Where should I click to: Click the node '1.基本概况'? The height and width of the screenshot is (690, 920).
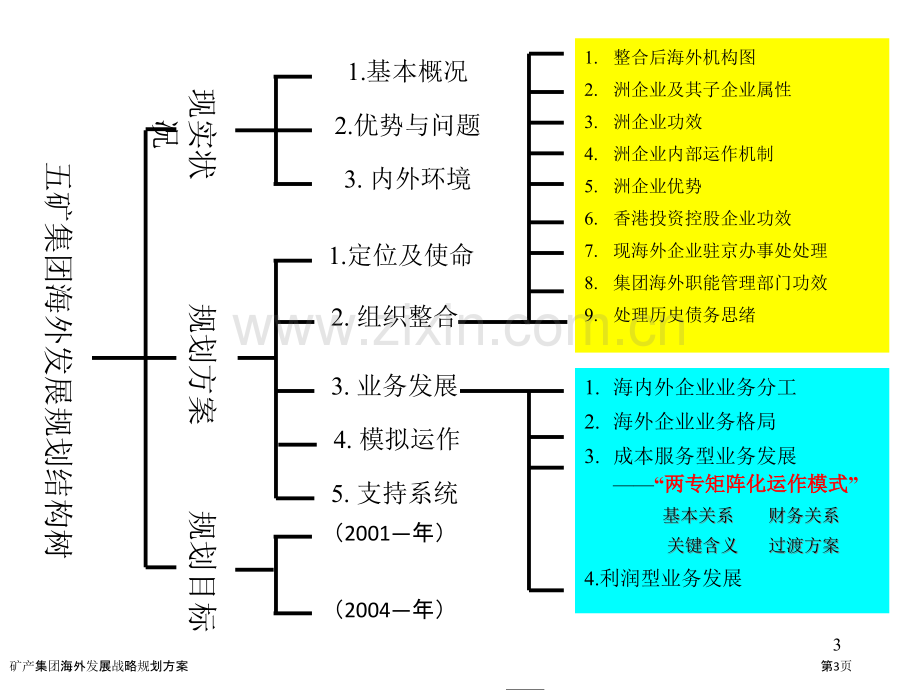pos(407,72)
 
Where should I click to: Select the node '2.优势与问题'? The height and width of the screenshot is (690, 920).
pos(407,125)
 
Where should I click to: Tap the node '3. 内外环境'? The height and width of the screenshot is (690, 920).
pos(407,178)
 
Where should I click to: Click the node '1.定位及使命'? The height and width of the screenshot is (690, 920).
pos(401,255)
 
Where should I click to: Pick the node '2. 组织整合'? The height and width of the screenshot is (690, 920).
pos(394,317)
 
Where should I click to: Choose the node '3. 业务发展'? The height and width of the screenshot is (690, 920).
pos(394,386)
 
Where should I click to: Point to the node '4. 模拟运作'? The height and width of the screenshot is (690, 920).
pos(397,439)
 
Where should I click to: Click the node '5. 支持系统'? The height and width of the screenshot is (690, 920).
pos(394,493)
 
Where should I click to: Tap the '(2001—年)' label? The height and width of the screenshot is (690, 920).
pos(389,533)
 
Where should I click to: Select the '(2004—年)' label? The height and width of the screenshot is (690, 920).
pos(389,610)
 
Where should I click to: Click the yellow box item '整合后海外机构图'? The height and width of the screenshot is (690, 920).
pos(684,58)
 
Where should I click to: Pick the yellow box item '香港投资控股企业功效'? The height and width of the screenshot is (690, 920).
pos(702,218)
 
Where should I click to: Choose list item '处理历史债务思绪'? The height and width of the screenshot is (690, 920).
pos(684,315)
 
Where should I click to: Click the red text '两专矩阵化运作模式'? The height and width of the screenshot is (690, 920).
pos(756,484)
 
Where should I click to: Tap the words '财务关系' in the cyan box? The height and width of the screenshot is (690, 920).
pos(804,515)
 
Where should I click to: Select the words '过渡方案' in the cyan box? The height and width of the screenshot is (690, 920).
pos(804,545)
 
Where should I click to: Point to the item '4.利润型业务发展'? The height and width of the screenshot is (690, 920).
pos(663,579)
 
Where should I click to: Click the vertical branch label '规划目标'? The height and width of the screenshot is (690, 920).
pos(202,570)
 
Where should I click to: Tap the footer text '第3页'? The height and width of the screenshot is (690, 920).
pos(836,666)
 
